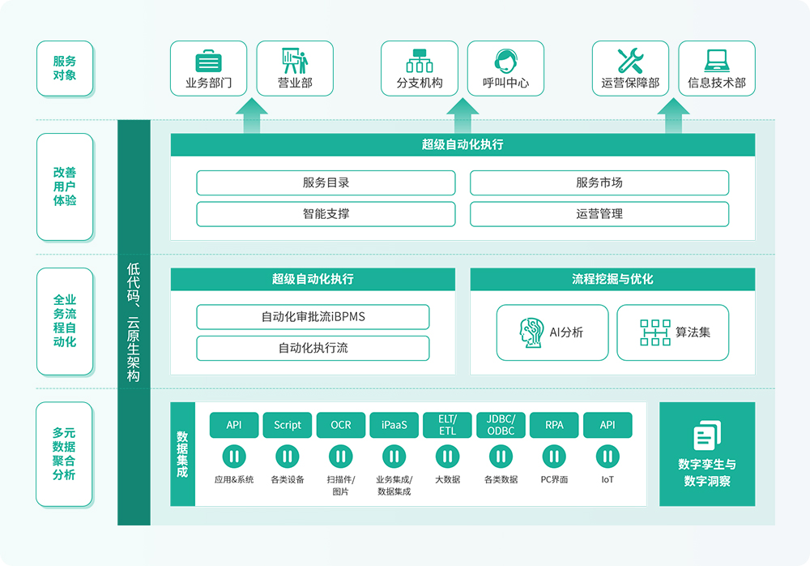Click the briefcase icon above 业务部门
208,62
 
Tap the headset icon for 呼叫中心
505,61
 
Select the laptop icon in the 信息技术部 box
716,61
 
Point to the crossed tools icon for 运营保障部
630,61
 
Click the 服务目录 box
326,182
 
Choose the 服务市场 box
599,182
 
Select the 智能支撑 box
326,214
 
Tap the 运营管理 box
599,214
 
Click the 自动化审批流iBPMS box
313,316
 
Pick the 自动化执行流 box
313,348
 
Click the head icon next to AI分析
531,332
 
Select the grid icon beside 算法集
654,332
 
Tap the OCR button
341,425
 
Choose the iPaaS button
394,425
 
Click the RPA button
554,425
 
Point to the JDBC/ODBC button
501,425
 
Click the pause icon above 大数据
447,457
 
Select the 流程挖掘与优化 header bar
612,279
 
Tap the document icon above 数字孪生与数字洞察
707,435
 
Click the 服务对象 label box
65,68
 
